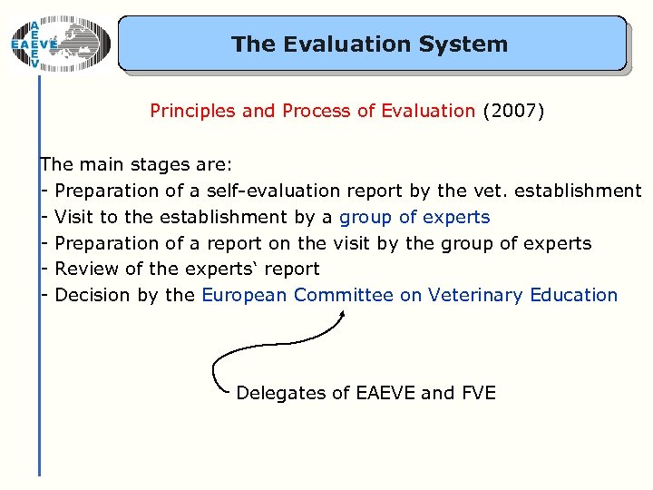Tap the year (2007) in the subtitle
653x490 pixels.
click(513, 112)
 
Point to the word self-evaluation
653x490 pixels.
click(273, 191)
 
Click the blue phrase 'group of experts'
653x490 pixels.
click(414, 217)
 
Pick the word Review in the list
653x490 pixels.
click(83, 269)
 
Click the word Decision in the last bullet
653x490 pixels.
click(93, 295)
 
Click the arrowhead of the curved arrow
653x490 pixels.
click(342, 315)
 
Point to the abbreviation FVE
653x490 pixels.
click(478, 393)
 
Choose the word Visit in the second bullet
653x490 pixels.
click(73, 217)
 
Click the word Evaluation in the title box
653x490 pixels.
click(327, 44)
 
